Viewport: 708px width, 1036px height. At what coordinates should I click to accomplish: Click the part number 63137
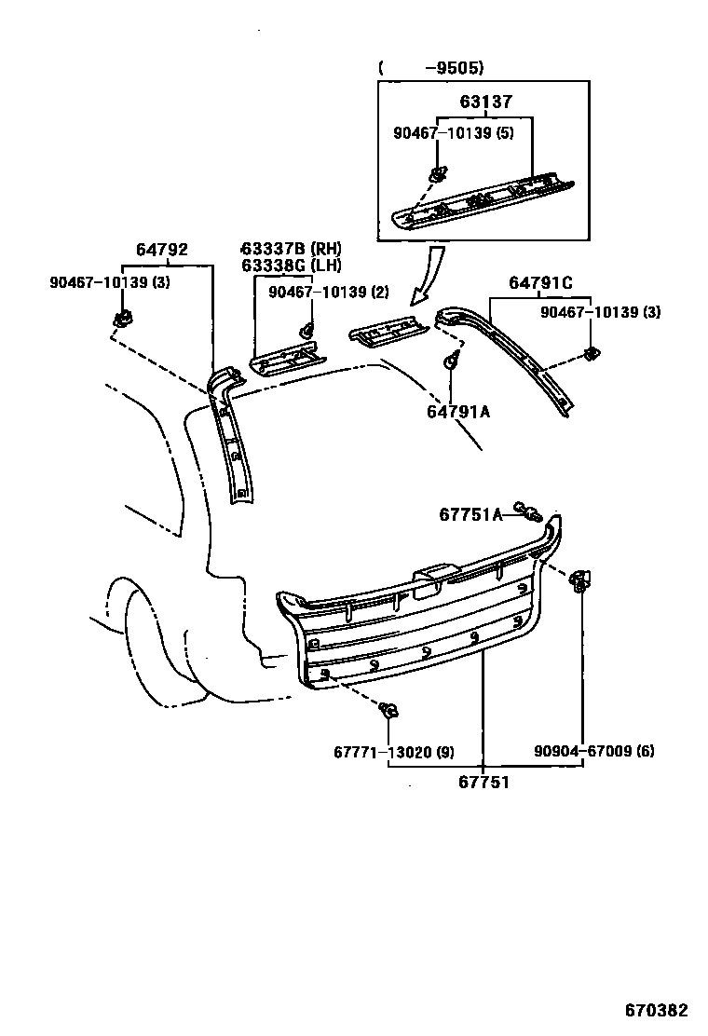485,102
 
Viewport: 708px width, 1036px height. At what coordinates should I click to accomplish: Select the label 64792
162,250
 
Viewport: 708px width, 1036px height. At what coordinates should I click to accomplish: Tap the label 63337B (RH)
291,249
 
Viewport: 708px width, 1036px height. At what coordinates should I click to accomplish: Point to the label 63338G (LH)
290,265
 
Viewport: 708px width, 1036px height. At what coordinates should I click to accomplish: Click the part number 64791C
540,283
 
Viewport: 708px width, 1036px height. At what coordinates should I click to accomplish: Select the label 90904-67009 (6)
594,752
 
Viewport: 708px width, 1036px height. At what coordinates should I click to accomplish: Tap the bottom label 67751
483,782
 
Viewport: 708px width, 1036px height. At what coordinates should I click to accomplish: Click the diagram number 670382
656,1010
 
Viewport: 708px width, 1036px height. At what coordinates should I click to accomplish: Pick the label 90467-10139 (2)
328,292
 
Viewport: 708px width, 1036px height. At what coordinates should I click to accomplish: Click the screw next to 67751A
530,511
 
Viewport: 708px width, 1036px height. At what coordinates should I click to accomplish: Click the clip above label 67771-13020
389,712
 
